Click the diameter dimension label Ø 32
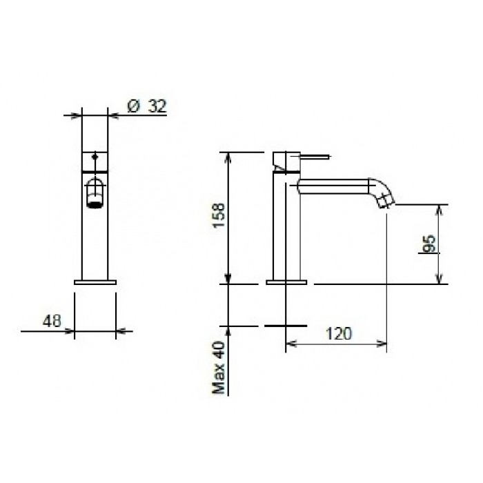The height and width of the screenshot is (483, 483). (x=147, y=106)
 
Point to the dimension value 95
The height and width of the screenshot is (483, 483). (x=428, y=244)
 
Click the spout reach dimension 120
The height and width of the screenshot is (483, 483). (x=338, y=333)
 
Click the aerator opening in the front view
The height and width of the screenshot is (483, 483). (x=95, y=201)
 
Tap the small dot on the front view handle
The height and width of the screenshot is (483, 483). (x=95, y=158)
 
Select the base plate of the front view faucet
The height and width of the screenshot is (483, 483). (x=95, y=282)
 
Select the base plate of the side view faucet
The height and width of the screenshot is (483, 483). (x=286, y=282)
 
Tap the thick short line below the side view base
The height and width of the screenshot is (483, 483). (x=286, y=325)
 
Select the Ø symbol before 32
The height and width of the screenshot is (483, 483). (x=134, y=106)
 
